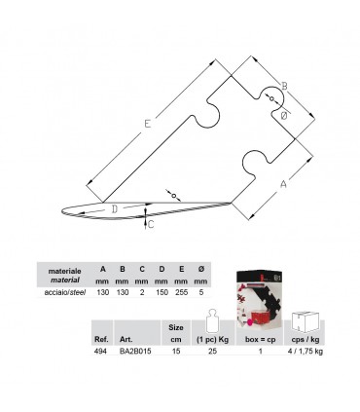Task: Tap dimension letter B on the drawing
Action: click(x=284, y=87)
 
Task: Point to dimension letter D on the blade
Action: click(x=114, y=208)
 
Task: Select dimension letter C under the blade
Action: click(x=150, y=224)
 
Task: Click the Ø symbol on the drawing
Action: click(x=283, y=115)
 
